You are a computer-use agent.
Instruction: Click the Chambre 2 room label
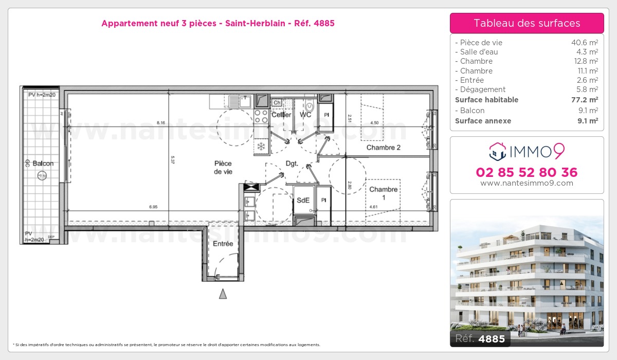[x=383, y=148]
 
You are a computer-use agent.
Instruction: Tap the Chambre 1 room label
[x=384, y=193]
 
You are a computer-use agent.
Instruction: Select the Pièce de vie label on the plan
[x=223, y=168]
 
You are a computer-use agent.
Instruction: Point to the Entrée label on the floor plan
[x=223, y=244]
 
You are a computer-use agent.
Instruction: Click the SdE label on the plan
[x=303, y=200]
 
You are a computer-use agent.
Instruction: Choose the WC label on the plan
[x=305, y=115]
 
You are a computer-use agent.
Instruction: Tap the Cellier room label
[x=281, y=115]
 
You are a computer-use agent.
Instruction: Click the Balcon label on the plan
[x=43, y=164]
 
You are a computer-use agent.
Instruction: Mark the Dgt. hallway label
[x=293, y=164]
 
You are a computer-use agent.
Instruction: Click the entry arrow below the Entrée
[x=223, y=294]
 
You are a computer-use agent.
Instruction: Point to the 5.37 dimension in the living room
[x=173, y=160]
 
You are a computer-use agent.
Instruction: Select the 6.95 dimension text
[x=153, y=207]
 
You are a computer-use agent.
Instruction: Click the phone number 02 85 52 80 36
[x=527, y=172]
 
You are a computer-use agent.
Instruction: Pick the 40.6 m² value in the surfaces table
[x=586, y=43]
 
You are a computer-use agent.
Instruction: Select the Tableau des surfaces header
[x=527, y=23]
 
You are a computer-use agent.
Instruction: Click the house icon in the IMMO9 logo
[x=497, y=151]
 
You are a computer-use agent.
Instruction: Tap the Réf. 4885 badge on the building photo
[x=480, y=338]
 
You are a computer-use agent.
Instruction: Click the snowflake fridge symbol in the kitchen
[x=261, y=147]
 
